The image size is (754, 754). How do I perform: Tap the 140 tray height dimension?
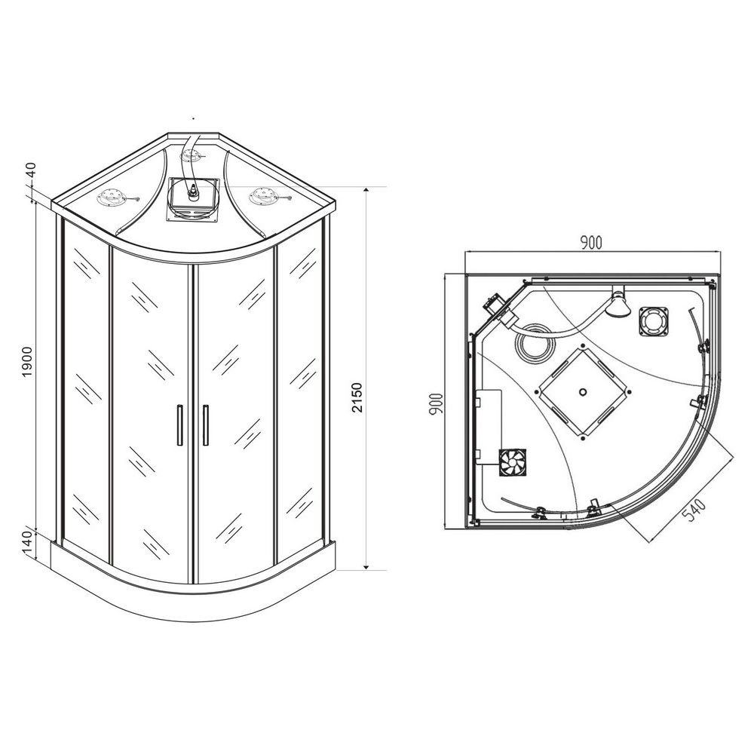28,544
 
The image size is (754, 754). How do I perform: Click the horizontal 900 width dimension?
590,244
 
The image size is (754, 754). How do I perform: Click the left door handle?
180,425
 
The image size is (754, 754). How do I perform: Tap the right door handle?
206,425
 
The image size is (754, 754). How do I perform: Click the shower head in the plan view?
617,304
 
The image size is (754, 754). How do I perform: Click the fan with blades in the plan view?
513,463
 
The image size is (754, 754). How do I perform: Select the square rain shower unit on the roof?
193,200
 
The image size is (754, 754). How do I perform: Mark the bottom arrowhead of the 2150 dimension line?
366,566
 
